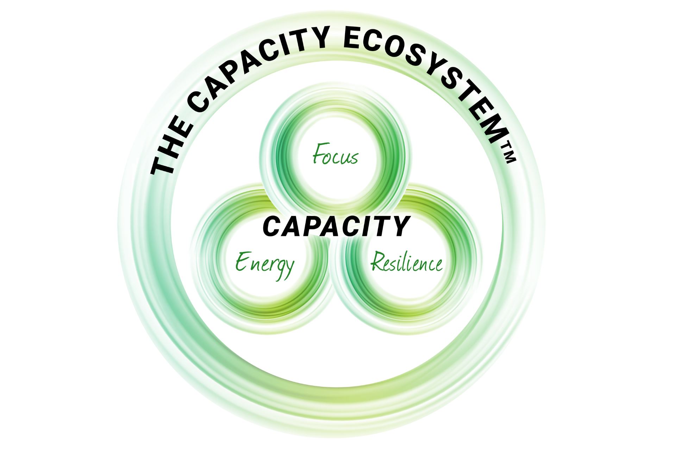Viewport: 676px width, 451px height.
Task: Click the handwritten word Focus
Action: tap(336, 155)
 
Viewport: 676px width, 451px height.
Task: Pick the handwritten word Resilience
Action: tap(407, 262)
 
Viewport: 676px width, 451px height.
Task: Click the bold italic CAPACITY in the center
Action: tap(336, 226)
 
